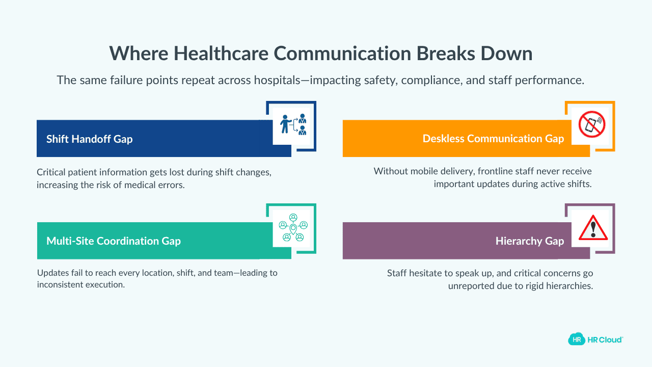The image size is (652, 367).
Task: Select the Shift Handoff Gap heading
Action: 89,139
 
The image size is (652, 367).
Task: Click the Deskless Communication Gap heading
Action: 493,139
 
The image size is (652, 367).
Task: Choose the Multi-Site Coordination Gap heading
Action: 114,241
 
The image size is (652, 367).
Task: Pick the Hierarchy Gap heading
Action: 529,241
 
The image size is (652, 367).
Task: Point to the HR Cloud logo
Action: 595,339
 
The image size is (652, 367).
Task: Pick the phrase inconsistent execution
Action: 80,284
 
